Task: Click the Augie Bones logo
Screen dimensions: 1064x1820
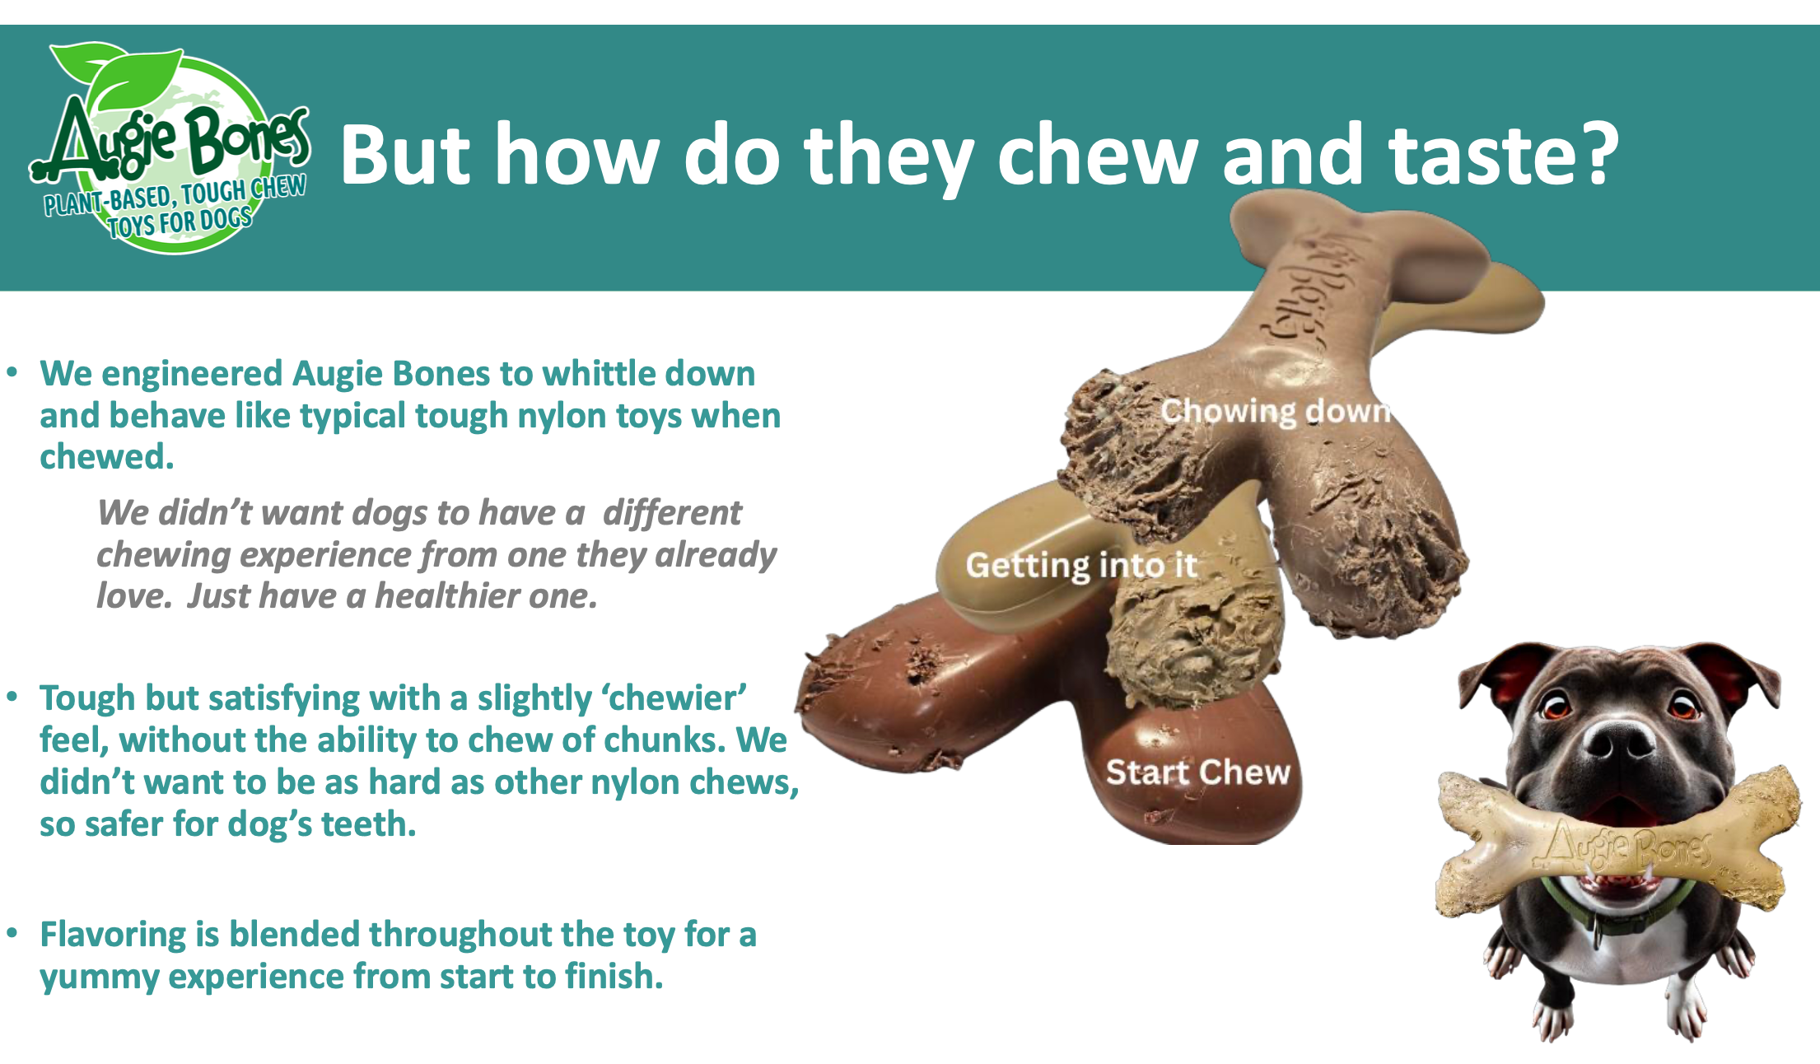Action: point(169,148)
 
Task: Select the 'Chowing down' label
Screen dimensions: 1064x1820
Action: point(1275,410)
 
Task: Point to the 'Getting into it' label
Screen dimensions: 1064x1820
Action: point(1080,565)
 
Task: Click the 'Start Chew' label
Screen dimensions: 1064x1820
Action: point(1197,772)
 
